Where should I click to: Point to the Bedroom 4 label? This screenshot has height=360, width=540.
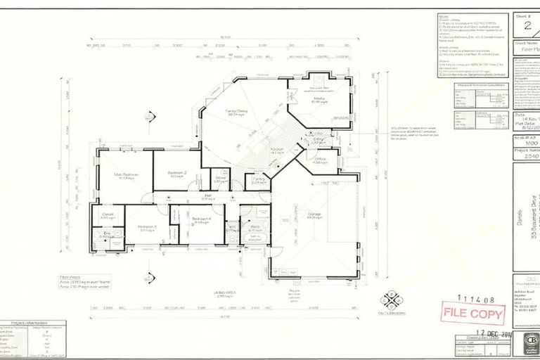click(202, 219)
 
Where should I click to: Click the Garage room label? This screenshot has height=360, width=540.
click(314, 215)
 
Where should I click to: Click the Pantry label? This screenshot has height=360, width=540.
click(258, 179)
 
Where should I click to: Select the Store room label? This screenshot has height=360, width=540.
click(219, 179)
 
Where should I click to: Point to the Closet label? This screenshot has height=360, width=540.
click(108, 214)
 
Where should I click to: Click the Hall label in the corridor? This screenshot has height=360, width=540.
click(208, 196)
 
